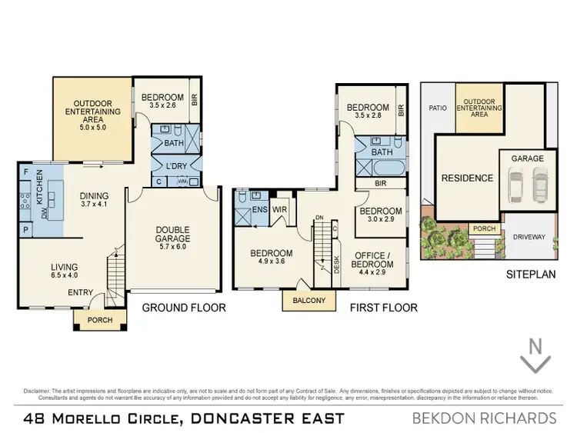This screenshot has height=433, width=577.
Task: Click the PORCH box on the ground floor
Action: coord(99,320)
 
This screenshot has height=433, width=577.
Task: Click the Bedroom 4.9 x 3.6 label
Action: coord(270,258)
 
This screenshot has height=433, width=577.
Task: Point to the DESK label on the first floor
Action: coord(337,265)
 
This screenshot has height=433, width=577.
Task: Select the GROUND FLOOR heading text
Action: coord(184,308)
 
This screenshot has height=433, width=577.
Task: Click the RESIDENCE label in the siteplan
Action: coord(466,178)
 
